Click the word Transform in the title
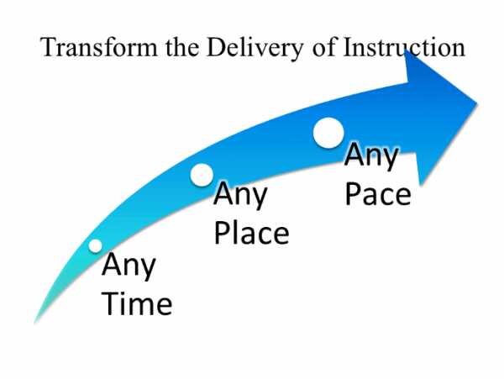tap(99, 47)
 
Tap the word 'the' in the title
tap(182, 47)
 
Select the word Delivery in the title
tap(255, 49)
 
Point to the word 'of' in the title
tap(324, 47)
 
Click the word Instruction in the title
tap(404, 47)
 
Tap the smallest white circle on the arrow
tap(95, 246)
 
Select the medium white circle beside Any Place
tap(202, 175)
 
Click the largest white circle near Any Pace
tap(328, 133)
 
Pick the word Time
tap(137, 303)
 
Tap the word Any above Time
tap(129, 266)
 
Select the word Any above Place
tap(240, 195)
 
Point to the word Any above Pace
tap(371, 156)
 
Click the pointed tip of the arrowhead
tap(477, 103)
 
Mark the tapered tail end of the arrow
tap(34, 324)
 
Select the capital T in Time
tap(111, 303)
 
